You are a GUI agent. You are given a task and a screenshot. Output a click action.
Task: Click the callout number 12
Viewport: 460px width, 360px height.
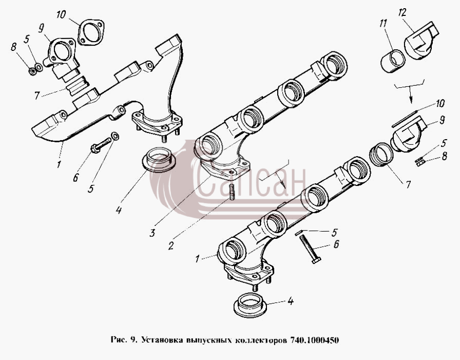[402, 13]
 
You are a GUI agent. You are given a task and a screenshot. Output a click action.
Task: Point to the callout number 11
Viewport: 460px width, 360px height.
[383, 24]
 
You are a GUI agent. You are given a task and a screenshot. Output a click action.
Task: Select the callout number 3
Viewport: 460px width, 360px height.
[152, 233]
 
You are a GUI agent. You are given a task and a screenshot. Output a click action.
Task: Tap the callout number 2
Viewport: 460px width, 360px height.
[171, 246]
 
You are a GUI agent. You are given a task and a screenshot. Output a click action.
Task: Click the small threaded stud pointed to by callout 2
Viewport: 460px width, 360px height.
[232, 193]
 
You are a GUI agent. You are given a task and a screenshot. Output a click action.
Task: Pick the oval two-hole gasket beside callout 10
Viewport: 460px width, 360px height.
[91, 32]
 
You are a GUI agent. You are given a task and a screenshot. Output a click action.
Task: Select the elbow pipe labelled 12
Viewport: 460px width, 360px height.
[421, 40]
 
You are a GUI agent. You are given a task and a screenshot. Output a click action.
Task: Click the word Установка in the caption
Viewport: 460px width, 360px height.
[160, 340]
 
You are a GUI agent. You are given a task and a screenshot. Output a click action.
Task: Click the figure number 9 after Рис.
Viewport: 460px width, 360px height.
[133, 340]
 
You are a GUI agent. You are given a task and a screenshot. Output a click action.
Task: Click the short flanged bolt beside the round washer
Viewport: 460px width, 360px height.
[101, 145]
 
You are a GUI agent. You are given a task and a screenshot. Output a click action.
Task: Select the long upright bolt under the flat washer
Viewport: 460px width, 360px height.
[310, 248]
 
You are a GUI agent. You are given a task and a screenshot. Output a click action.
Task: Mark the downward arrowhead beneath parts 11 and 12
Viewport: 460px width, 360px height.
[411, 100]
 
